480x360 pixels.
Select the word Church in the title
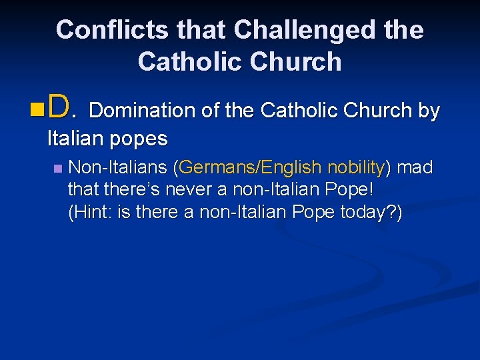point(295,62)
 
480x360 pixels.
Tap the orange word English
point(288,167)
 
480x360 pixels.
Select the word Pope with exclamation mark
point(351,190)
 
